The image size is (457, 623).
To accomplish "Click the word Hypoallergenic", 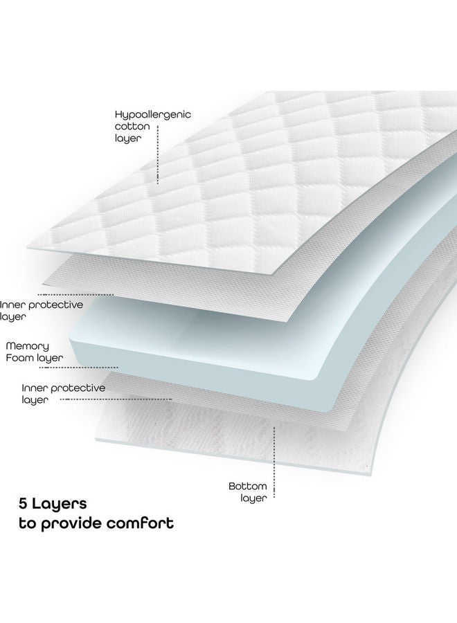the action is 153,115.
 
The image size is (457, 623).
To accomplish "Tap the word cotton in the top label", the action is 132,127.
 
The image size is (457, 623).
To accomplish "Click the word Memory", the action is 28,347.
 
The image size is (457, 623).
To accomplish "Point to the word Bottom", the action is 248,486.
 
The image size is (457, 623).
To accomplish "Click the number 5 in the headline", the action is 23,504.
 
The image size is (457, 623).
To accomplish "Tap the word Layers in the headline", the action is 60,504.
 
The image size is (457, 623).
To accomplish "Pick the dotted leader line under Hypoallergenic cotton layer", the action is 158,155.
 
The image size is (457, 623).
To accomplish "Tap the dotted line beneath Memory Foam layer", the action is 79,368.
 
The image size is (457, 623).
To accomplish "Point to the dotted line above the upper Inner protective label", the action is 75,294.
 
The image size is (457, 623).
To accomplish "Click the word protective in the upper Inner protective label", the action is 56,305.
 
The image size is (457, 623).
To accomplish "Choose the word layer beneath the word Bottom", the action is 253,498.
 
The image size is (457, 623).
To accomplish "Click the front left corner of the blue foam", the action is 71,341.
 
